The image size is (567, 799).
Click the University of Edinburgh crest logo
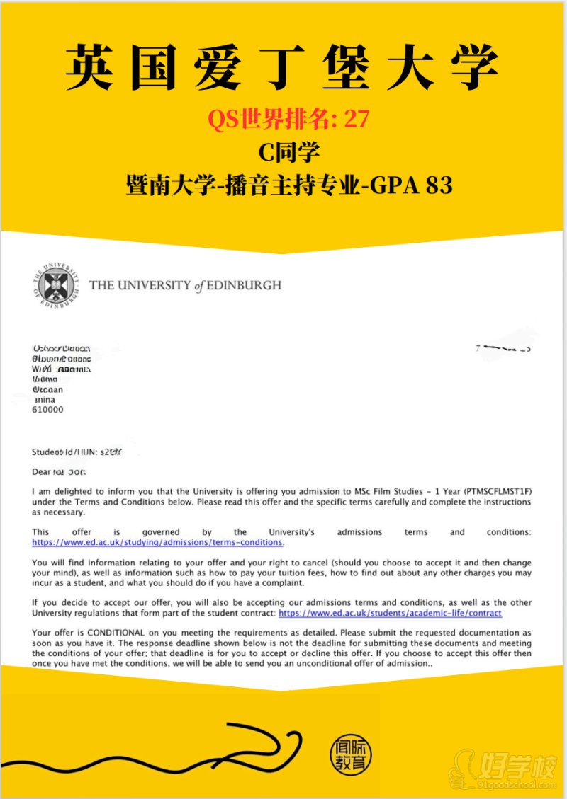click(x=56, y=286)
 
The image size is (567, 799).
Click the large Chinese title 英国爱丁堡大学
click(x=283, y=69)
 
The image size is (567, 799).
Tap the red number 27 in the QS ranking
click(x=357, y=120)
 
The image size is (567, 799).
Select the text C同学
click(x=283, y=152)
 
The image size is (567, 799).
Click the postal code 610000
click(x=48, y=410)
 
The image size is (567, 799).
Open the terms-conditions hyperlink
click(x=157, y=542)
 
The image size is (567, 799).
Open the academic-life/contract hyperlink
click(x=390, y=613)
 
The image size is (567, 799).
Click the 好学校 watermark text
click(x=517, y=764)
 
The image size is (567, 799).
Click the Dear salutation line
click(x=58, y=471)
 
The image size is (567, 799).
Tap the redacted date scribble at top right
click(x=505, y=348)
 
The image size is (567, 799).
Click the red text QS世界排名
click(x=268, y=120)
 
